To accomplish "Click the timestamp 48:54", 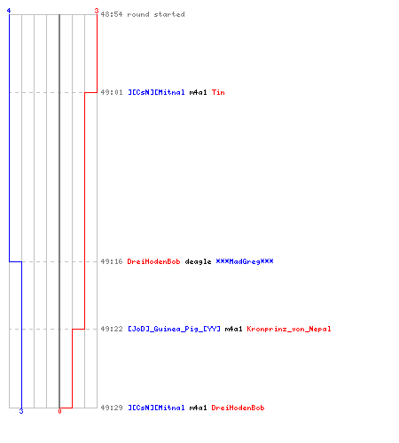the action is click(112, 14).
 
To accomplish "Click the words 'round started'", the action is click(156, 14).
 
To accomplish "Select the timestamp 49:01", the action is click(112, 92).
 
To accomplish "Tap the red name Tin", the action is click(218, 92).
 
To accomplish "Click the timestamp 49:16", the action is click(112, 261).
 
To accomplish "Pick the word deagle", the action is click(198, 262).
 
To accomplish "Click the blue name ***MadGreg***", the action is click(245, 261).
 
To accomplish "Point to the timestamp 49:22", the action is click(112, 329).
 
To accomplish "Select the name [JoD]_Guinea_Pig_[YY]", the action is click(174, 329).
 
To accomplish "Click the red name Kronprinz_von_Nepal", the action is click(289, 329).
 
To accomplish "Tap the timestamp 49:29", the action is click(112, 408).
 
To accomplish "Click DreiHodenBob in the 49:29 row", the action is click(238, 408).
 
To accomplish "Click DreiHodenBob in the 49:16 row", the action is click(153, 261).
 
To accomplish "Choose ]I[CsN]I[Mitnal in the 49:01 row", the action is click(156, 92).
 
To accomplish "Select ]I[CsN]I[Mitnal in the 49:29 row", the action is click(156, 408).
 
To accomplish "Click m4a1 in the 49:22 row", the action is click(233, 329).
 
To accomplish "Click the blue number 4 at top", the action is click(9, 11).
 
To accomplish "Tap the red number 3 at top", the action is click(97, 11).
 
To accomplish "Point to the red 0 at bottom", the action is click(59, 411).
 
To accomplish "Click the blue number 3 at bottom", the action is click(21, 411).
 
